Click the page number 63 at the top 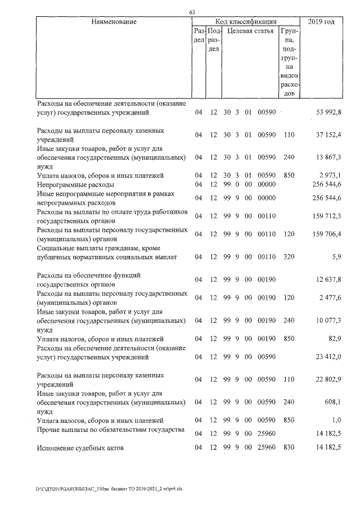coord(192,12)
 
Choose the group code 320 coord(289,257)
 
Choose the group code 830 coord(289,448)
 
